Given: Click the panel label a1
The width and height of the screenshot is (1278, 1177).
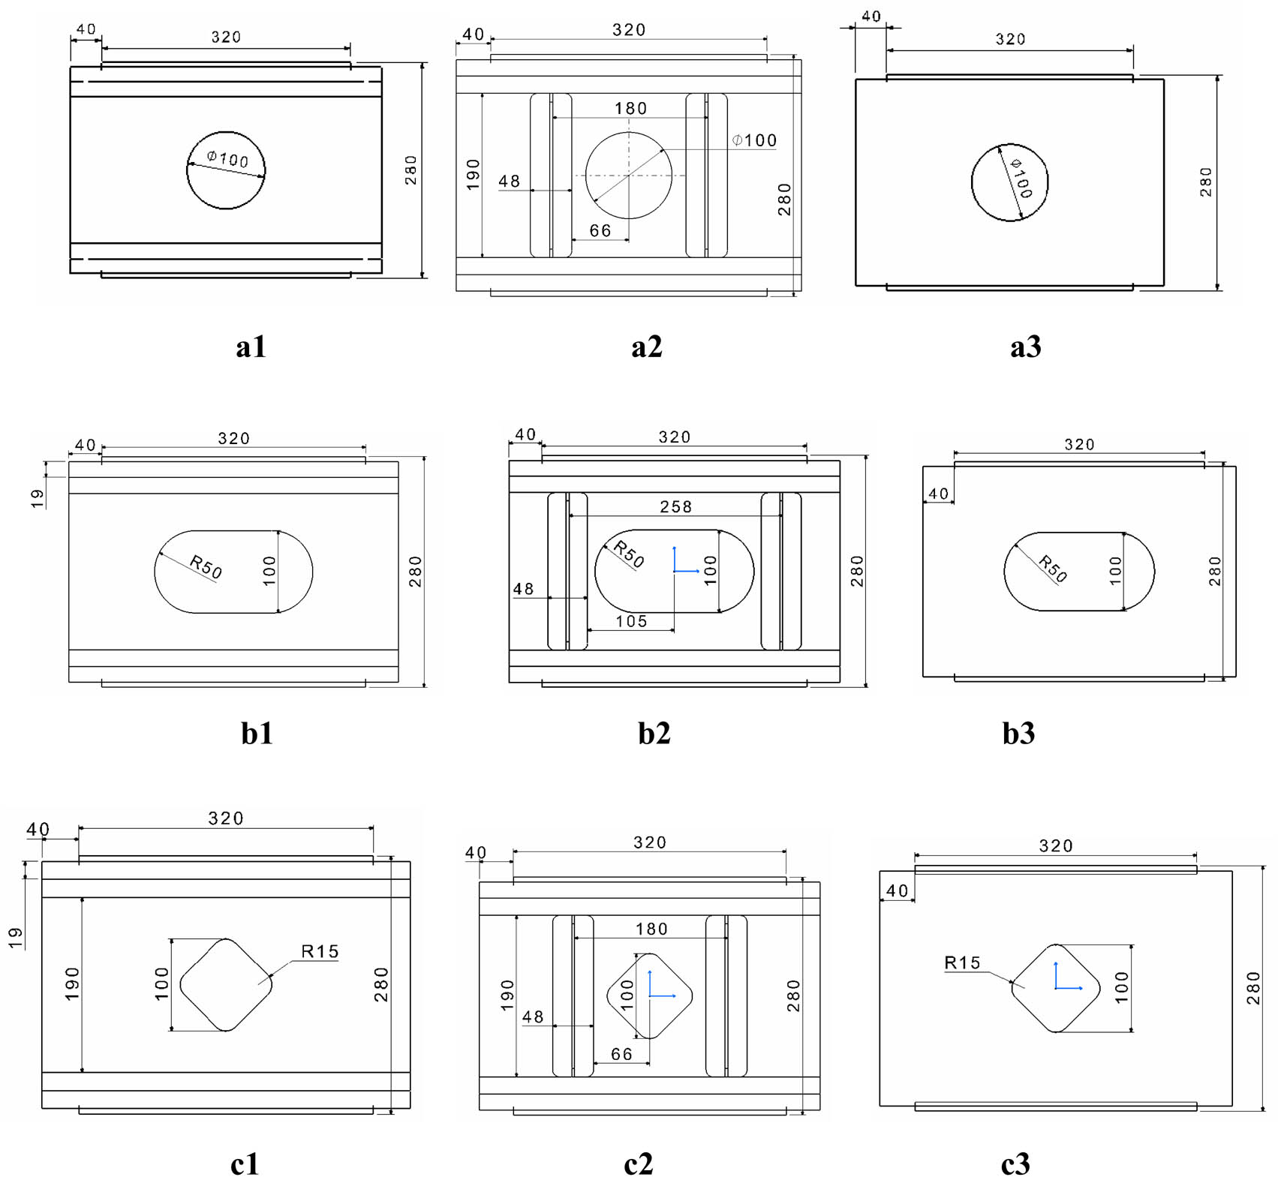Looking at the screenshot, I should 251,347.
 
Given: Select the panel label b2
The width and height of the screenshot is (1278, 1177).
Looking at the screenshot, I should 654,733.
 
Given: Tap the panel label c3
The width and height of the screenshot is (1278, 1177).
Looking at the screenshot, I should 1015,1163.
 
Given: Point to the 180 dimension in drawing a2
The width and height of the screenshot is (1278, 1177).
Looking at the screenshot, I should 630,109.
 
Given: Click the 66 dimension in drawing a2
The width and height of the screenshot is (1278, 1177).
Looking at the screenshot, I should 600,231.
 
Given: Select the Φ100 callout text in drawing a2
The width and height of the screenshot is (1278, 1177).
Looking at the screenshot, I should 754,140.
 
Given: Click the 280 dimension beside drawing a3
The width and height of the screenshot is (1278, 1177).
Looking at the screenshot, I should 1205,182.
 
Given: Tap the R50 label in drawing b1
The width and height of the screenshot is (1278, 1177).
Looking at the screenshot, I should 206,567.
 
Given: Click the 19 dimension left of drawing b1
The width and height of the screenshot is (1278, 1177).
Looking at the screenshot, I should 38,498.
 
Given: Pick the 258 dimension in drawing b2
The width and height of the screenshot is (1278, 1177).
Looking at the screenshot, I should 675,507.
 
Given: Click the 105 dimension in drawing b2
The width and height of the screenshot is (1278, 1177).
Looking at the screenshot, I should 631,621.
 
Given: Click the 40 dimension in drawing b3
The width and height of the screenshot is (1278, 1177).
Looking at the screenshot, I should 938,494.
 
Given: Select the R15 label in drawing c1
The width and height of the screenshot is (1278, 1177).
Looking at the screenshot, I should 320,951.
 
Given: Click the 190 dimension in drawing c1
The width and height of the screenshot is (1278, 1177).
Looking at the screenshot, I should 72,983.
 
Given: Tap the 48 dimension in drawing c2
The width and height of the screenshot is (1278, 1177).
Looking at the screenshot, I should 533,1016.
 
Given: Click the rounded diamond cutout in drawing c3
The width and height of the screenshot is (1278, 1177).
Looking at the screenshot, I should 1055,988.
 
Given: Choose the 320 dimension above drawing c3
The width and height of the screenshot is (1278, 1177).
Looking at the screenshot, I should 1055,846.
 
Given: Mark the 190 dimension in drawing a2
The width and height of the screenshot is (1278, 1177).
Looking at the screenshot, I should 473,175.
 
